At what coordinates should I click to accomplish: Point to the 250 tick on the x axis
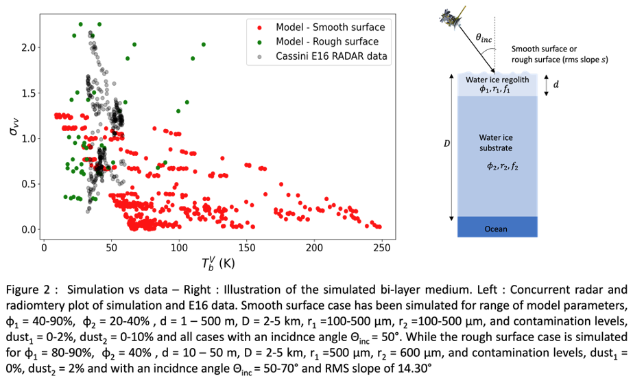[382, 247]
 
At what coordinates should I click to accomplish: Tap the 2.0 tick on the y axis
[26, 47]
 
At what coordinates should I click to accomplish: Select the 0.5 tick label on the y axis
[26, 184]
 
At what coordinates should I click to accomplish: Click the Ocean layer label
[495, 229]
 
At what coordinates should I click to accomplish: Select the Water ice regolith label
[497, 80]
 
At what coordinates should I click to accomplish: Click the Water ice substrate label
[496, 142]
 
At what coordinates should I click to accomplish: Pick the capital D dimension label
[446, 144]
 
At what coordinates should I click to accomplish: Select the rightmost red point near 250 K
[379, 226]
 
